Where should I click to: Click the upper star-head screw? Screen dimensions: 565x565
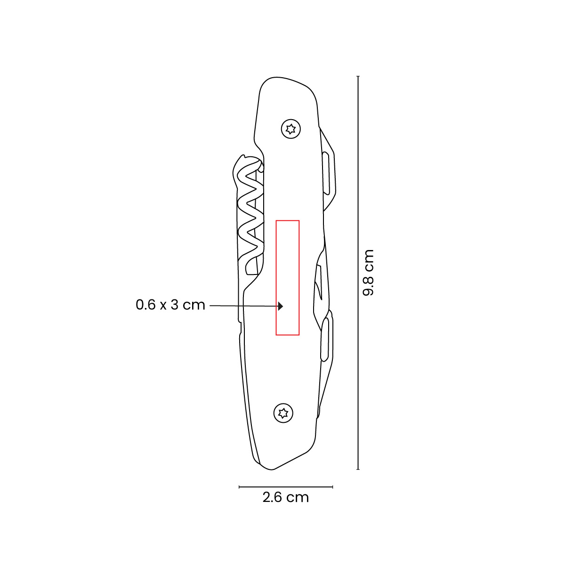click(291, 129)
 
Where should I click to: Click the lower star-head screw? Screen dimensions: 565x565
click(283, 413)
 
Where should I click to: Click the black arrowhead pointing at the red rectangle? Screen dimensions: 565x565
click(281, 306)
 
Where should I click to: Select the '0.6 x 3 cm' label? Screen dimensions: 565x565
click(170, 305)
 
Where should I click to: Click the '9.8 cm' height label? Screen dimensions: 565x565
click(368, 273)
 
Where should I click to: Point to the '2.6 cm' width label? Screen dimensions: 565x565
click(286, 497)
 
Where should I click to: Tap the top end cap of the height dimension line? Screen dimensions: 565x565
click(358, 76)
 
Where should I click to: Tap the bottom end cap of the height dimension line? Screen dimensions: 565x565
click(358, 469)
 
